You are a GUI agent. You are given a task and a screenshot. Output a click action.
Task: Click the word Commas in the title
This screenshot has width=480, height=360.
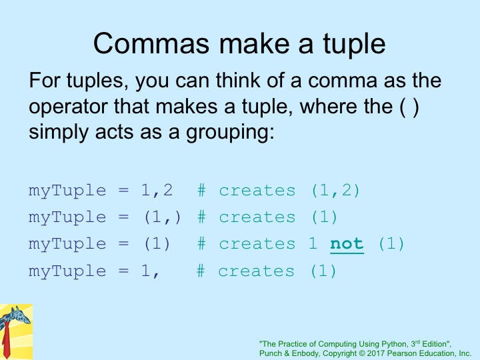point(151,44)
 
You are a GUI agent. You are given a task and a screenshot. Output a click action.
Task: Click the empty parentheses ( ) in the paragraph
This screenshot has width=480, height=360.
point(409,107)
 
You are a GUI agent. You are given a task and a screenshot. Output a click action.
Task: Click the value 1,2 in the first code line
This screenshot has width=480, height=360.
point(157,191)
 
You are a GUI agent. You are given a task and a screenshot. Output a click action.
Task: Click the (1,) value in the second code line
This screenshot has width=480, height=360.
point(163,217)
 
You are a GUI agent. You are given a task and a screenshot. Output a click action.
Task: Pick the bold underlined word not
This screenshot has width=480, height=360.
point(347,244)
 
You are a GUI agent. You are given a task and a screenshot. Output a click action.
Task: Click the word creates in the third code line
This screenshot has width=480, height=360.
point(257,244)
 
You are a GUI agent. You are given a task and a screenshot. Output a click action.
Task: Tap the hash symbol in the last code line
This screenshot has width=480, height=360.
point(201,271)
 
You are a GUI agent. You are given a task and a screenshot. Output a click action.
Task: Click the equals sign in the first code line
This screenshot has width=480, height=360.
point(123,191)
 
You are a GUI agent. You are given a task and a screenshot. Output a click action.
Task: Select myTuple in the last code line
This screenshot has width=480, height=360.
point(67,272)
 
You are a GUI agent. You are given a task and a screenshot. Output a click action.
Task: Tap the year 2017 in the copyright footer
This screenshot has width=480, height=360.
point(376,353)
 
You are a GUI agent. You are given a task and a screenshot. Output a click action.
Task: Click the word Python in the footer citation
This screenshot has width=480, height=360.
point(395,344)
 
